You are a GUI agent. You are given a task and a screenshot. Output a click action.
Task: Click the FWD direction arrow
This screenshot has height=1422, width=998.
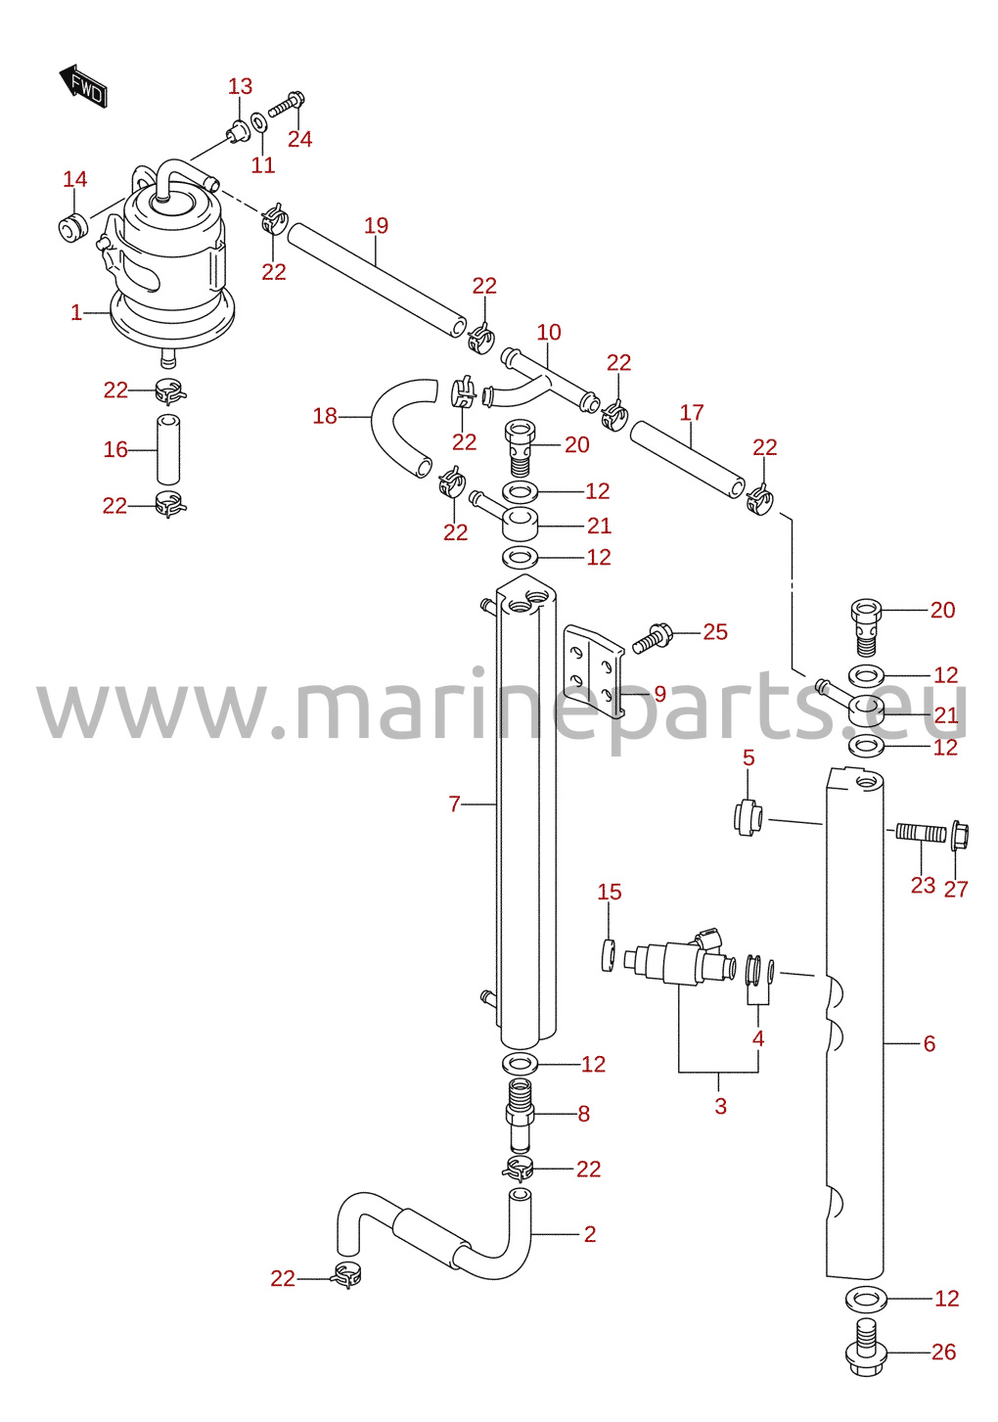tap(84, 86)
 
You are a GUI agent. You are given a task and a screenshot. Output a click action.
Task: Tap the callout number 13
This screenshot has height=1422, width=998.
tap(240, 86)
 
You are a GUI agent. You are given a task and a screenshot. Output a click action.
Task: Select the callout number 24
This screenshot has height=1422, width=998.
tap(299, 139)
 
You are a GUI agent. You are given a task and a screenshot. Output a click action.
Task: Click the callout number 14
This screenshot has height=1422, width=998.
tap(74, 180)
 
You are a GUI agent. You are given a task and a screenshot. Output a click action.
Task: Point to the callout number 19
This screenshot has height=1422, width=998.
tap(376, 225)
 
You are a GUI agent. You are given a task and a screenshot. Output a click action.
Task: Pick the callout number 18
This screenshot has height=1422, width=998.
tap(325, 417)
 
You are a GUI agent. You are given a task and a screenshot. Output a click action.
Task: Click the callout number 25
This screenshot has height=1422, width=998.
tap(715, 631)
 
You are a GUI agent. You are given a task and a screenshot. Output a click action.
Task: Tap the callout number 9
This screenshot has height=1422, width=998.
tap(660, 694)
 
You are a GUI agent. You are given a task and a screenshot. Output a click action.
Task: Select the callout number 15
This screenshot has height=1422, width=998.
tap(609, 892)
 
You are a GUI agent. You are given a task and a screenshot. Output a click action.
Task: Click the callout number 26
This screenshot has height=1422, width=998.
tap(943, 1353)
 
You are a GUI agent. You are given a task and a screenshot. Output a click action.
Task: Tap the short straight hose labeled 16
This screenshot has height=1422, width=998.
tap(168, 449)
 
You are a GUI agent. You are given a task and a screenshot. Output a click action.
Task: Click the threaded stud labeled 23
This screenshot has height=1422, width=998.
tap(921, 832)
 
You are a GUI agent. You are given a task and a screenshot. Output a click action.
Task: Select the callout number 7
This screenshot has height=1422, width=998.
tap(454, 804)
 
